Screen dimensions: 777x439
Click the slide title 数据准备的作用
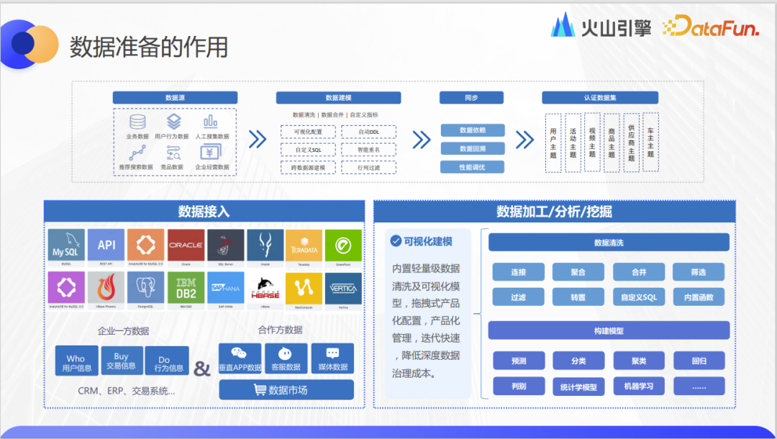click(149, 47)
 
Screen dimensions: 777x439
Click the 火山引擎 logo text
click(616, 27)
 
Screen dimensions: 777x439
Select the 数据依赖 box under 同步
click(472, 130)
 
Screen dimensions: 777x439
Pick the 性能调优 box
click(472, 167)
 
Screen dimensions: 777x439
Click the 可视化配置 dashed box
click(309, 132)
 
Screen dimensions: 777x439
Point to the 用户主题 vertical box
click(553, 142)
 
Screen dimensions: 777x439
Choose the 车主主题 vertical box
click(650, 142)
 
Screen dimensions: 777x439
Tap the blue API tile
click(106, 245)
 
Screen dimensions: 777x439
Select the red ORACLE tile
click(186, 245)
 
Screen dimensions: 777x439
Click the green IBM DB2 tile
click(186, 289)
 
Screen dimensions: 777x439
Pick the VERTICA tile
click(342, 289)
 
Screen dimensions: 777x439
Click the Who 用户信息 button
click(76, 362)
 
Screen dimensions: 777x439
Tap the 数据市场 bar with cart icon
click(286, 390)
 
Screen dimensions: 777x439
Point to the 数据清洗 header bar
click(609, 243)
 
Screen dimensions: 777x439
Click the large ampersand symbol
click(203, 368)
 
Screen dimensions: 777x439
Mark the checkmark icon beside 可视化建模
click(395, 242)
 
